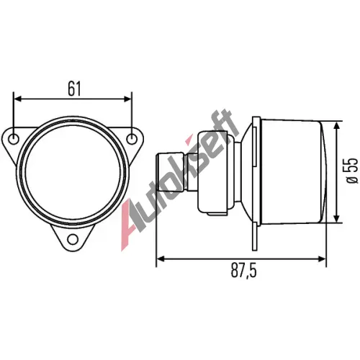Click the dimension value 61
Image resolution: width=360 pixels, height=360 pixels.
(x=74, y=89)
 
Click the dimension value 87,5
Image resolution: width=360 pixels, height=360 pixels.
(x=244, y=270)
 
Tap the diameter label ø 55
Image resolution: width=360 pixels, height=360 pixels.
(x=352, y=171)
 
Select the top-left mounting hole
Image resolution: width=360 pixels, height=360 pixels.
(x=14, y=139)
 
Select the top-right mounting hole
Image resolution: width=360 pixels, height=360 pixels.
(x=131, y=139)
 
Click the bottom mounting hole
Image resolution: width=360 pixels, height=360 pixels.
(x=73, y=239)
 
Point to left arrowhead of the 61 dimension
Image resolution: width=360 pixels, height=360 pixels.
(x=18, y=99)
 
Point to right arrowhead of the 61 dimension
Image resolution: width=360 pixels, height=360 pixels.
(x=127, y=99)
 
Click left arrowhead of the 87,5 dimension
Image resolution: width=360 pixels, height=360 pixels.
(x=161, y=258)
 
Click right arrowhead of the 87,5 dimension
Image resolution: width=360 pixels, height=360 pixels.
(x=322, y=258)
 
